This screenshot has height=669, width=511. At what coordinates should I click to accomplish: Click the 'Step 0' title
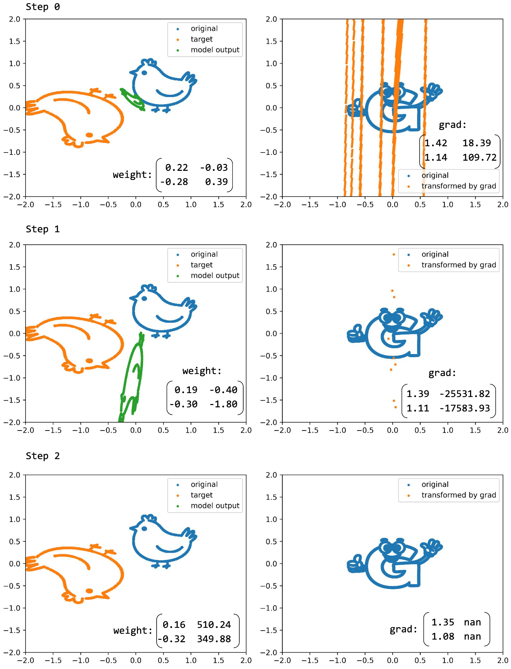point(43,7)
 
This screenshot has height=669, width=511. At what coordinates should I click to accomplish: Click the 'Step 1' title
point(43,229)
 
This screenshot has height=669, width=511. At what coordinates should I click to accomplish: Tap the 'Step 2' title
point(43,456)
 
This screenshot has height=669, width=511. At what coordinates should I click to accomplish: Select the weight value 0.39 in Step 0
point(216,182)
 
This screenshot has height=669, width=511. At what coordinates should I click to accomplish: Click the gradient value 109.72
point(479,157)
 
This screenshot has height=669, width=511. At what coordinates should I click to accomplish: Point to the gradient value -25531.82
point(465,394)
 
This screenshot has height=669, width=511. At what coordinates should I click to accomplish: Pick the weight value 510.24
point(214,625)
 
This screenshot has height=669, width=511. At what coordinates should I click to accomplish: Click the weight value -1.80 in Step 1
point(223,404)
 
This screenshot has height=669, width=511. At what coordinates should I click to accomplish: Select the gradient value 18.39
point(477,143)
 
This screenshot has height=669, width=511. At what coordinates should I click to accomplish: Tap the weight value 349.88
point(214,639)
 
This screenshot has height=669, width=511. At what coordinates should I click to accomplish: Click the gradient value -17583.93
point(465,408)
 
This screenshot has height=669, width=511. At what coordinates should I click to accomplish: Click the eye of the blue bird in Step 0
point(144,73)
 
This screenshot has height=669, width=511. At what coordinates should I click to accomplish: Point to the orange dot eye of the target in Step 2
point(89,591)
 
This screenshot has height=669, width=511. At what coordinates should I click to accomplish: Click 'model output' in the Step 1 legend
point(215,276)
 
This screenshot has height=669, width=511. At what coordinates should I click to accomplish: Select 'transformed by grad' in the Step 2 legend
point(458,495)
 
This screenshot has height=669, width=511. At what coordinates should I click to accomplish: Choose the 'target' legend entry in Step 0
point(201,39)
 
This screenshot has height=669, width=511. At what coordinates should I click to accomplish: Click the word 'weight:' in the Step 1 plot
point(202,371)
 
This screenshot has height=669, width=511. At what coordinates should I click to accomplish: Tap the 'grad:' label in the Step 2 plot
point(403,629)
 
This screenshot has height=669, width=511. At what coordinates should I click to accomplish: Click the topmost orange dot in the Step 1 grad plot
point(394,254)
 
